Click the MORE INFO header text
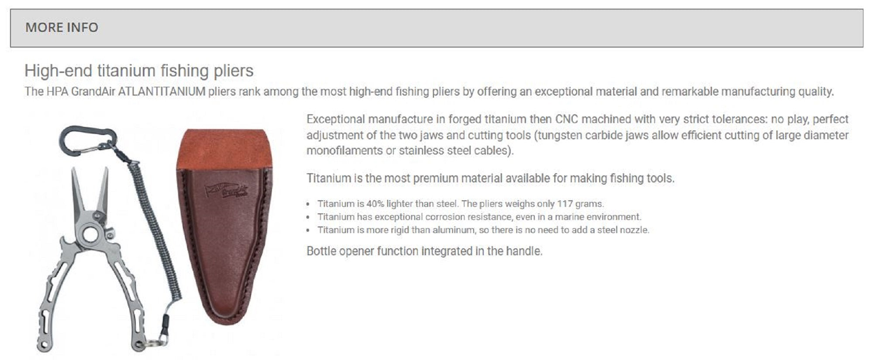pyautogui.click(x=62, y=27)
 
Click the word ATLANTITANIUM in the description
pyautogui.click(x=162, y=92)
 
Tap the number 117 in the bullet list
pyautogui.click(x=565, y=204)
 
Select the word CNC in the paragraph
pyautogui.click(x=566, y=119)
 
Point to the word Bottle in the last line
pyautogui.click(x=321, y=251)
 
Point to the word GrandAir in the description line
pyautogui.click(x=93, y=92)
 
